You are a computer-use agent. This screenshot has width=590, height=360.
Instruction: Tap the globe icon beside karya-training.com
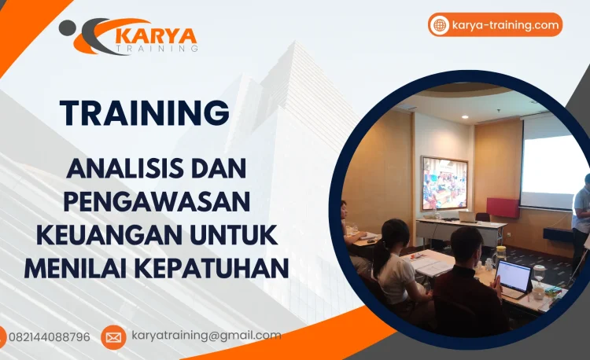click(440, 25)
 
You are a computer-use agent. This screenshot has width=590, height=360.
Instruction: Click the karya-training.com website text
click(506, 25)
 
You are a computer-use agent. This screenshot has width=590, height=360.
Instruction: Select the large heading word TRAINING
click(145, 112)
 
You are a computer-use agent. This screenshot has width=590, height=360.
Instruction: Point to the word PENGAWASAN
click(157, 201)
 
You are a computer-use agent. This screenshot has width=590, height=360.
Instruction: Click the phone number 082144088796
click(50, 336)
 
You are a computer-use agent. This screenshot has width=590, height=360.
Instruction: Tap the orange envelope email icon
click(113, 337)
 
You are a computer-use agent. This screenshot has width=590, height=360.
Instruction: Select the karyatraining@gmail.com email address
click(206, 336)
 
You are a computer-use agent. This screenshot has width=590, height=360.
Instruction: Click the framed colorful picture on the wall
click(444, 183)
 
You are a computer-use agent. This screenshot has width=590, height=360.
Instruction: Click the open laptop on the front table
click(514, 277)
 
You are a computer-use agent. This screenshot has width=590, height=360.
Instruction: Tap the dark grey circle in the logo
click(68, 28)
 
